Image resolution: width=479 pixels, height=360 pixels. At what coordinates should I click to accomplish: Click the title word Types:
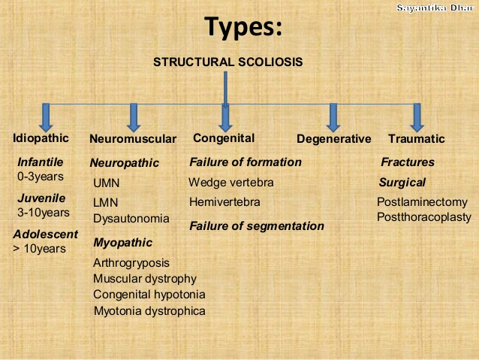click(x=243, y=28)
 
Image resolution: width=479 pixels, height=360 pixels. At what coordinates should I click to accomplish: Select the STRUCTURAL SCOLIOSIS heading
click(x=228, y=62)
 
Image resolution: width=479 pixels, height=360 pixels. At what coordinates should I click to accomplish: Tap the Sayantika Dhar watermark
click(x=435, y=8)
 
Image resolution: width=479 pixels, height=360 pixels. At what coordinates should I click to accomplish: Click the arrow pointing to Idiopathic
click(x=46, y=118)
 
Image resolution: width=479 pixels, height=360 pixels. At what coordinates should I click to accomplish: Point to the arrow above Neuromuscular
click(x=134, y=118)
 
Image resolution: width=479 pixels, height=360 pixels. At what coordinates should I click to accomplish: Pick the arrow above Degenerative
click(x=333, y=118)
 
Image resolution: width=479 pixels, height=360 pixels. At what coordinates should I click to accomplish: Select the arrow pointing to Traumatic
click(x=417, y=118)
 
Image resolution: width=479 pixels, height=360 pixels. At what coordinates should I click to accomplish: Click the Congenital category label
click(x=224, y=138)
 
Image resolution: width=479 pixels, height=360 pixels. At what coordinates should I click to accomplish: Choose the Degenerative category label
click(x=334, y=139)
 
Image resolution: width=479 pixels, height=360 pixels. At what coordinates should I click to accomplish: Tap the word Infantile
click(x=41, y=162)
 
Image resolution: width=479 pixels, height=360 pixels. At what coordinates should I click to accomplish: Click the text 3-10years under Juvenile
click(x=44, y=213)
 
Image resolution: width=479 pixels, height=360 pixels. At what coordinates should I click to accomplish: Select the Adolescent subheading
click(x=46, y=234)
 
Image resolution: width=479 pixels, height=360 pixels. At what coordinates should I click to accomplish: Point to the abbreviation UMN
click(x=107, y=183)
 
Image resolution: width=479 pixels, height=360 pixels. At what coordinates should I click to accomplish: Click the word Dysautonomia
click(x=131, y=219)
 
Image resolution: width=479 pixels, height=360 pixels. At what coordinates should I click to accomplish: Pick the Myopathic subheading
click(x=123, y=243)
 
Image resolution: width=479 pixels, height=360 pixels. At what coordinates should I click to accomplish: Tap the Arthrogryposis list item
click(x=131, y=263)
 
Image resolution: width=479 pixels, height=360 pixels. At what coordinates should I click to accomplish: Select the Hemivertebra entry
click(x=224, y=202)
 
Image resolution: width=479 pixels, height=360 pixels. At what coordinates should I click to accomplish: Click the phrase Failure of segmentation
click(x=257, y=226)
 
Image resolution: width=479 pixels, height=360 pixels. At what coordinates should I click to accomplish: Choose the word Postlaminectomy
click(x=422, y=202)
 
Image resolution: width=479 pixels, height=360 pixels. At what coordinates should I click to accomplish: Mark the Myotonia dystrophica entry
click(x=149, y=311)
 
